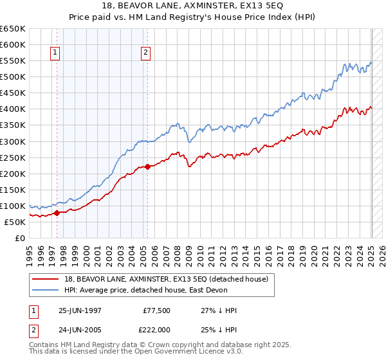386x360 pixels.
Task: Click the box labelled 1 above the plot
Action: click(55, 53)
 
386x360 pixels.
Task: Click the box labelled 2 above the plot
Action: click(147, 53)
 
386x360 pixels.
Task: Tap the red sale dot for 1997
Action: click(57, 213)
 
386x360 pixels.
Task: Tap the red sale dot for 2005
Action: click(147, 166)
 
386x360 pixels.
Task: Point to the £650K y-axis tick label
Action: click(13, 29)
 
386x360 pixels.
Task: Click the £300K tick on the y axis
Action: click(13, 141)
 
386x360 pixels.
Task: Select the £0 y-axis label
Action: click(21, 238)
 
